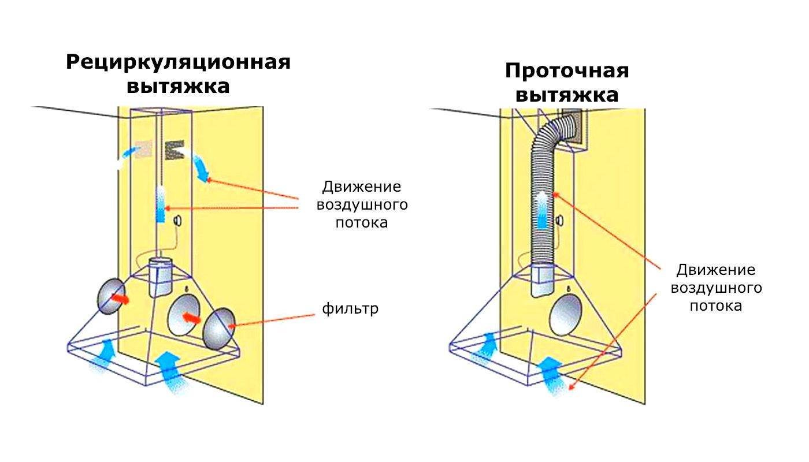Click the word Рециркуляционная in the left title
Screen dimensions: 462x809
click(178, 62)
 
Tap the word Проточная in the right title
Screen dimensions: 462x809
click(566, 72)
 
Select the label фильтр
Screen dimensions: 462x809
click(350, 309)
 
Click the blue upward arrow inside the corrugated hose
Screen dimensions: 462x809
click(541, 211)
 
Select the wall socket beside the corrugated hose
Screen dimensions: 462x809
click(559, 221)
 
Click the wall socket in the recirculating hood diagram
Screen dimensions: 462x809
click(177, 220)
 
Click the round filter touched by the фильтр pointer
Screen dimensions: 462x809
click(219, 329)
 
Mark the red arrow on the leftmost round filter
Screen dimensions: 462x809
click(120, 299)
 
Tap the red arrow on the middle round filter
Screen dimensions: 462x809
click(191, 317)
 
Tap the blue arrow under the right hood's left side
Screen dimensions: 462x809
click(484, 346)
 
